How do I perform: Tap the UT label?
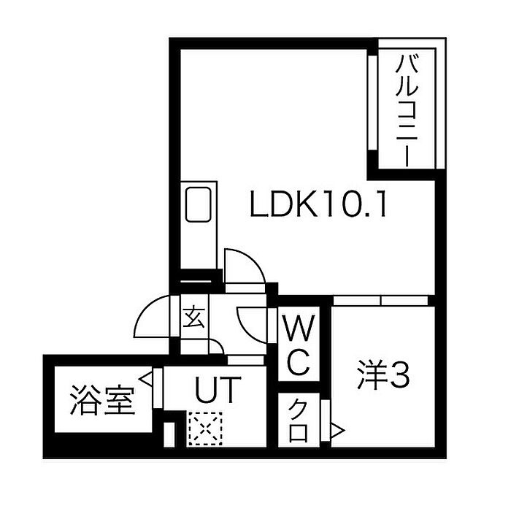point(215,391)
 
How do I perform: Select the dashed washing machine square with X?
point(203,429)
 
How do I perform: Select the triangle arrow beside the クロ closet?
point(337,431)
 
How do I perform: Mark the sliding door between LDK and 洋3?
point(381,300)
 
